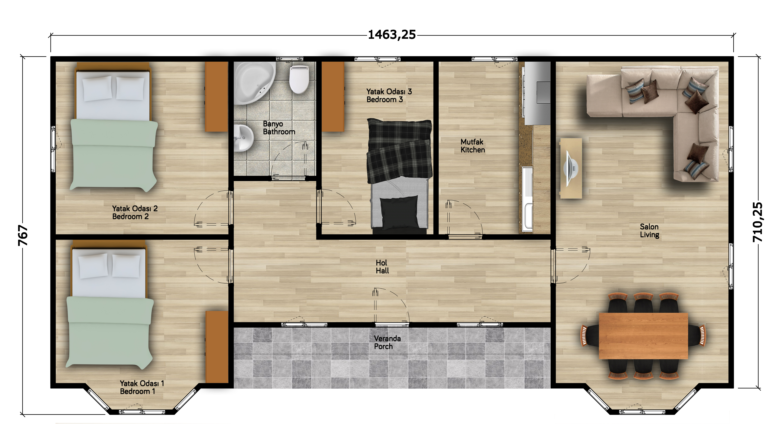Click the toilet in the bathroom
pyautogui.click(x=299, y=79)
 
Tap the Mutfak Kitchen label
pyautogui.click(x=473, y=146)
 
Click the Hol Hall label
pyautogui.click(x=382, y=266)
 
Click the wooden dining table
pyautogui.click(x=643, y=336)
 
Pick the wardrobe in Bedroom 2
pyautogui.click(x=216, y=97)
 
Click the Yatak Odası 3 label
pyautogui.click(x=389, y=91)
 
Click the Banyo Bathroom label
pyautogui.click(x=279, y=128)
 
